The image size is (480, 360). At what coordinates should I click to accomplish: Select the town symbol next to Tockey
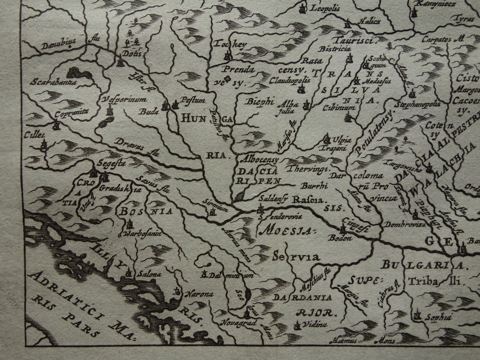pyautogui.click(x=227, y=56)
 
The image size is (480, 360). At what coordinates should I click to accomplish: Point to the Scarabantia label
pyautogui.click(x=52, y=82)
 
